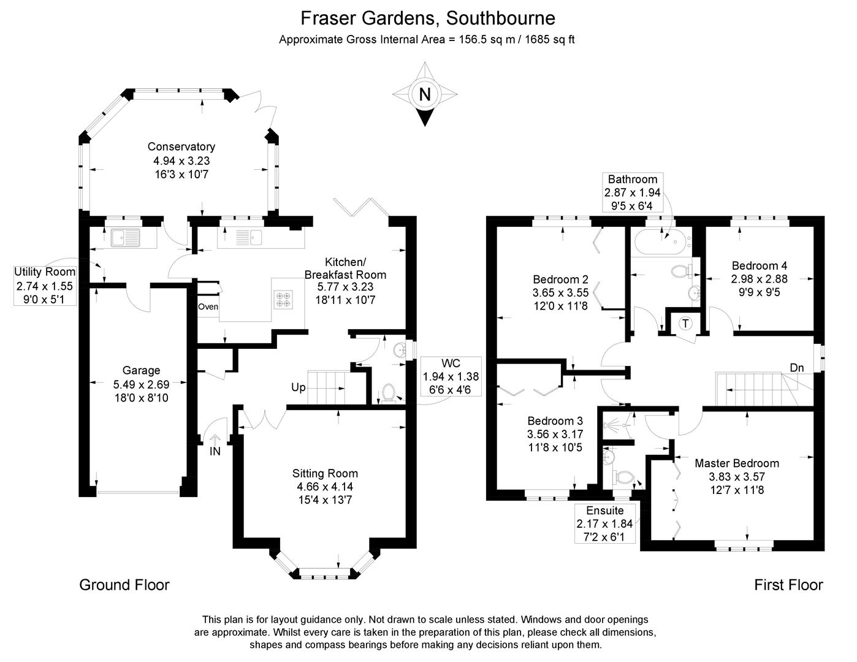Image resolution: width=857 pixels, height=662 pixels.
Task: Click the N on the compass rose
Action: coord(424,94)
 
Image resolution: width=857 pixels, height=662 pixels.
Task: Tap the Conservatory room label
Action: coord(181,146)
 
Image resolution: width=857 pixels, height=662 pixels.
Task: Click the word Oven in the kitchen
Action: coord(208,306)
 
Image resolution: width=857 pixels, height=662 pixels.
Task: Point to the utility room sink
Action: coord(125,238)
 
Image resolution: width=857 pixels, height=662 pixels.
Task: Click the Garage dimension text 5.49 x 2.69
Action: coord(141,384)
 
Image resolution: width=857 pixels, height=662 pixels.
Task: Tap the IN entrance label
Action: coord(215,451)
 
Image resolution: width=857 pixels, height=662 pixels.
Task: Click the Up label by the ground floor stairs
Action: coord(298,387)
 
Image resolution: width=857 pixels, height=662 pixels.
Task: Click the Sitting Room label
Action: coord(325,473)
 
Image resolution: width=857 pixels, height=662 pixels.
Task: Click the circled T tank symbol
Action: coord(686,324)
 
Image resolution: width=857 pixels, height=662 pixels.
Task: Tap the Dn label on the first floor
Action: coord(797,367)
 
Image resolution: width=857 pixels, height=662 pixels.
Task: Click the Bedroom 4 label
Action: coord(759,265)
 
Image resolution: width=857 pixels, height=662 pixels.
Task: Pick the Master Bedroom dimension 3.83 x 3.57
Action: coord(737,477)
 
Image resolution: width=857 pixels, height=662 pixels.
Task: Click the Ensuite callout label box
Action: coord(605,523)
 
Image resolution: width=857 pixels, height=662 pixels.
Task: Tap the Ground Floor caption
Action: coord(124,585)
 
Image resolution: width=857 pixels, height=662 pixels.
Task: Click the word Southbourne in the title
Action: coord(500,18)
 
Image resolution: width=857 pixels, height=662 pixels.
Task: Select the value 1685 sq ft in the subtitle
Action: coord(549,40)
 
